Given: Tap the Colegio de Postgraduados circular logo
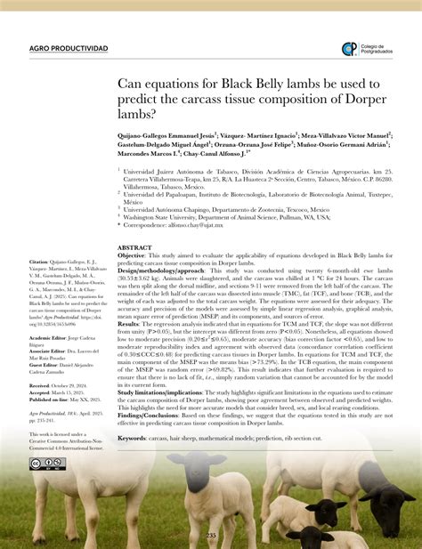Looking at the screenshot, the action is point(349,49).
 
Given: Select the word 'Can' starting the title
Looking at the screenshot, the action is point(131,84).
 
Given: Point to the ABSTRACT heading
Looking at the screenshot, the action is point(134,247).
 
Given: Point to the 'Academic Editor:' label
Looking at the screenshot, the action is point(49,339).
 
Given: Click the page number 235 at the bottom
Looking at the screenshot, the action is point(211,535).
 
